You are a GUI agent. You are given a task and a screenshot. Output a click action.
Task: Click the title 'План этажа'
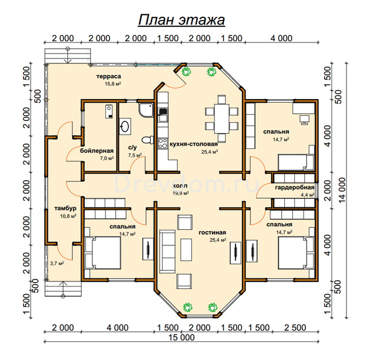tap(181, 20)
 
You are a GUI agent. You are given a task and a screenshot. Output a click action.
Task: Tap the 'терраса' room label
tap(108, 77)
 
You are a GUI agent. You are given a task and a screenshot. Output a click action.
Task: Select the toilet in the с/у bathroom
tap(148, 140)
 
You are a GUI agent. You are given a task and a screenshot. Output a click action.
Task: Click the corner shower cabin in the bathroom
tap(145, 110)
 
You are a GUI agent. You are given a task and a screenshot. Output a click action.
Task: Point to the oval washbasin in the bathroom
tap(125, 126)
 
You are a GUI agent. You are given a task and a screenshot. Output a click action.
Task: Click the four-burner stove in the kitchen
tap(163, 143)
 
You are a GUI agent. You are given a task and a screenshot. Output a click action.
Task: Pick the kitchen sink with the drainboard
tap(163, 115)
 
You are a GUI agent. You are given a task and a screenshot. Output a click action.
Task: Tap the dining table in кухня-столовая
tap(221, 118)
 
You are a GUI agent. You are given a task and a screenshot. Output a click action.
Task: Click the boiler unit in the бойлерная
tap(109, 111)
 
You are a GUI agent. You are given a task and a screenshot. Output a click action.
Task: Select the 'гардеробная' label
tap(295, 187)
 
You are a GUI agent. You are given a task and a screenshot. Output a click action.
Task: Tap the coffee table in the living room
tap(186, 250)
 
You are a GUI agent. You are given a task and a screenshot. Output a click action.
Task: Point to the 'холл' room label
tap(180, 186)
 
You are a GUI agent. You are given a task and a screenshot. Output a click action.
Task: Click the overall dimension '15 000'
tap(181, 338)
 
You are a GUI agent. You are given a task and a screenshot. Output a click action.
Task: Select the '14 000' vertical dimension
tap(342, 190)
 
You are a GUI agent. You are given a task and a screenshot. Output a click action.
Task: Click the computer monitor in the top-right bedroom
tap(304, 120)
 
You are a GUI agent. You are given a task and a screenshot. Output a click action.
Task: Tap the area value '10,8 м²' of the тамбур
tap(68, 216)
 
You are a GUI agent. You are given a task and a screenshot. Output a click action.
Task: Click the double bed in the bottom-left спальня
tap(103, 253)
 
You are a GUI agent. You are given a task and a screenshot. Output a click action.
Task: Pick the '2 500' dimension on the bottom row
tap(295, 328)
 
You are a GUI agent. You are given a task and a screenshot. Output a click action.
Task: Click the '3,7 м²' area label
tap(57, 263)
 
